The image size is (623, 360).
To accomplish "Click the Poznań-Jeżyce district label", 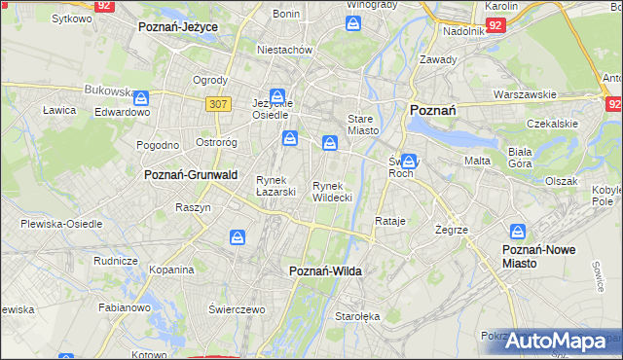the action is point(178,27).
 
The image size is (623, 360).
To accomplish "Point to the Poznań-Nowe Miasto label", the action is point(538,256).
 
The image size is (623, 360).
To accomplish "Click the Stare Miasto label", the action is point(362,124).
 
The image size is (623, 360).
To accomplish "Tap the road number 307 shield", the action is point(218,103).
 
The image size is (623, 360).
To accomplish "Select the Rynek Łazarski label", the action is point(275,185).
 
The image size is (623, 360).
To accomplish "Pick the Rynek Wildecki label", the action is point(331,191).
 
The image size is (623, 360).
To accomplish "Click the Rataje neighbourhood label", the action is point(389,221).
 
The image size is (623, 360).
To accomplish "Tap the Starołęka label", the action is point(350,317).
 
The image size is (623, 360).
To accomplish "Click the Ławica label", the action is point(59,110).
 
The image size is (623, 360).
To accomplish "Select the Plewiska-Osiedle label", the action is point(61,223).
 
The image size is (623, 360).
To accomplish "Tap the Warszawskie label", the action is point(525,94).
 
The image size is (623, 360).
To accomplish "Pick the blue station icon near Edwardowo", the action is point(142,97).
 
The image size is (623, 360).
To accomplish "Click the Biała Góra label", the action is point(527,158).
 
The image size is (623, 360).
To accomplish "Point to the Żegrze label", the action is point(454,230).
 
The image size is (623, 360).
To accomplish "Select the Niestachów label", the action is point(283,49).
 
